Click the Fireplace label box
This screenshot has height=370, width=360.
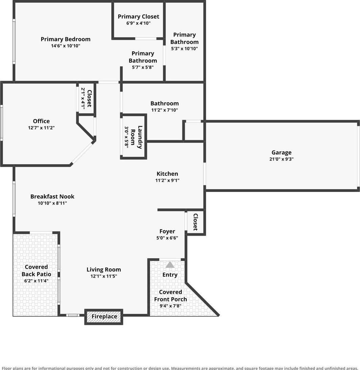coord(104,317)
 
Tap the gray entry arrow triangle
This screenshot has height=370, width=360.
coord(170,265)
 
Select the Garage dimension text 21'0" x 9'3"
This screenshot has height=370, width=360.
coord(282,159)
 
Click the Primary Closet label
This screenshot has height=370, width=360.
coord(138,17)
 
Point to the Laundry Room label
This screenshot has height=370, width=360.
coord(136,137)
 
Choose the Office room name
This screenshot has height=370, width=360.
coord(41,121)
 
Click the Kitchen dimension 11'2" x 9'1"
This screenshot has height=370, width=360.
coord(167,180)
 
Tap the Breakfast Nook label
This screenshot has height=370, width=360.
coord(52,197)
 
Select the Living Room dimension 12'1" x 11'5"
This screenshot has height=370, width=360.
coord(104,276)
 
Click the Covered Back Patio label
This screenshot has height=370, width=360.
coord(36,270)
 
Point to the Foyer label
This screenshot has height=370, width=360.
coord(167,232)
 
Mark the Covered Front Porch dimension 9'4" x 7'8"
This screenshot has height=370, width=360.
coord(171,306)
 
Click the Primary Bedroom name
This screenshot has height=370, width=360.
coord(66,39)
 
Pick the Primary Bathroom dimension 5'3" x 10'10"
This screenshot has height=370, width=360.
coord(184,49)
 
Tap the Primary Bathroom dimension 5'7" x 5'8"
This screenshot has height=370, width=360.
coord(143,67)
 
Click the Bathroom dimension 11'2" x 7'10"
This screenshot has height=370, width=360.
coord(165,110)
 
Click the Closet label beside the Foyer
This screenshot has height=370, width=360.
coord(195,222)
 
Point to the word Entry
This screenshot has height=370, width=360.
coord(170,275)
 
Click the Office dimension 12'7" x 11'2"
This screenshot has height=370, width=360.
coord(41,128)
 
